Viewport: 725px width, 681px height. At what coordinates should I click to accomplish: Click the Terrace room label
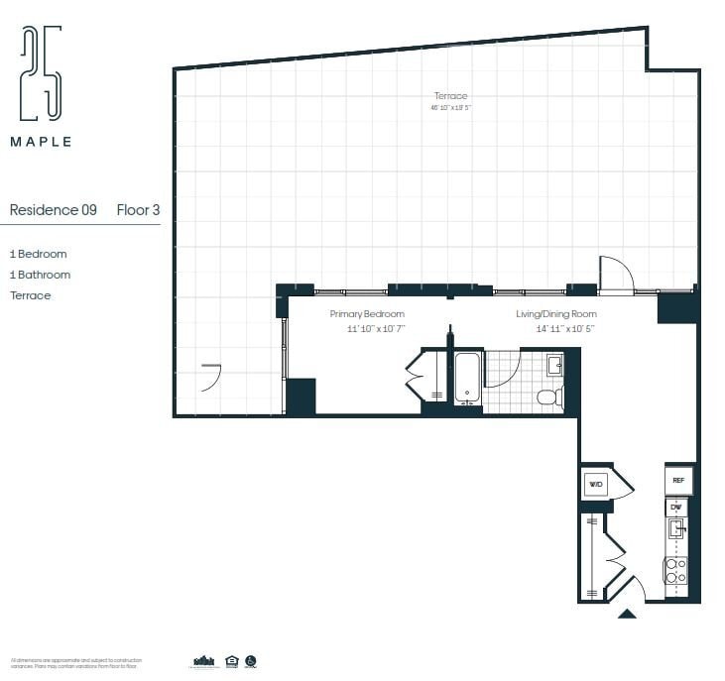[x=449, y=96]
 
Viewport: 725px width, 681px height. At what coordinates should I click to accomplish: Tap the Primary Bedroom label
[x=367, y=314]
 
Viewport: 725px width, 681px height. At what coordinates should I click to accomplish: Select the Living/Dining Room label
[x=556, y=314]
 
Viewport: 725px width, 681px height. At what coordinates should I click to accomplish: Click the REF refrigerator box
[x=678, y=480]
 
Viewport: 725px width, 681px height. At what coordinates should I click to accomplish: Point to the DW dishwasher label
[x=676, y=508]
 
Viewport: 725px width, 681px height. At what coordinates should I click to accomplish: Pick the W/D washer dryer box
[x=596, y=485]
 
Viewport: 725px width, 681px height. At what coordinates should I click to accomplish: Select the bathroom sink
[x=554, y=365]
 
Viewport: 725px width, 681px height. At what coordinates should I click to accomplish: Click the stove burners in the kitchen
[x=675, y=570]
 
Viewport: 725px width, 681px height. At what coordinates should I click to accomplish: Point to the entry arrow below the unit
[x=627, y=615]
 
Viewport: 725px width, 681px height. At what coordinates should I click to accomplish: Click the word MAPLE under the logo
[x=41, y=142]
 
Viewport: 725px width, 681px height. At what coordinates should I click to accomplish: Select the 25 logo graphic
[x=42, y=74]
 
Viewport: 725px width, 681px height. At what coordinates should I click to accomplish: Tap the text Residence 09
[x=53, y=210]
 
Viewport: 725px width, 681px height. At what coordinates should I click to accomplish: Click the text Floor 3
[x=138, y=210]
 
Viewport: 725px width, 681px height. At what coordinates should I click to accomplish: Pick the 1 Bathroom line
[x=40, y=275]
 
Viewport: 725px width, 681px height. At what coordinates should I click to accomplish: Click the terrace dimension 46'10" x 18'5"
[x=449, y=107]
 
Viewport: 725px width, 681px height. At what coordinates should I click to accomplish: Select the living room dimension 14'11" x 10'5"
[x=565, y=328]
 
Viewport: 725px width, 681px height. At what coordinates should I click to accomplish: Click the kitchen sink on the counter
[x=676, y=529]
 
